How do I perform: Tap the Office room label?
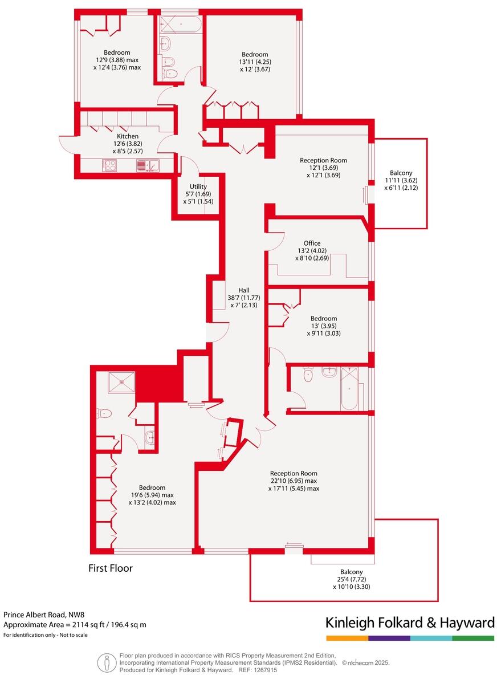(312, 243)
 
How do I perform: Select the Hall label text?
(243, 290)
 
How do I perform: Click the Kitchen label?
(128, 137)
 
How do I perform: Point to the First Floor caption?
(111, 568)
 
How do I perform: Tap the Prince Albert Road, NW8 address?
(43, 615)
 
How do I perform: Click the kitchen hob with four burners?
(109, 166)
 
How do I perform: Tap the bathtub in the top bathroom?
(180, 24)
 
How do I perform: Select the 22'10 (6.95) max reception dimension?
(294, 481)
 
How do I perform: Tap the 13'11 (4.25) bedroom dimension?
(254, 62)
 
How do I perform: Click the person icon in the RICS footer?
(105, 663)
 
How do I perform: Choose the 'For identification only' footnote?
(46, 635)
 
